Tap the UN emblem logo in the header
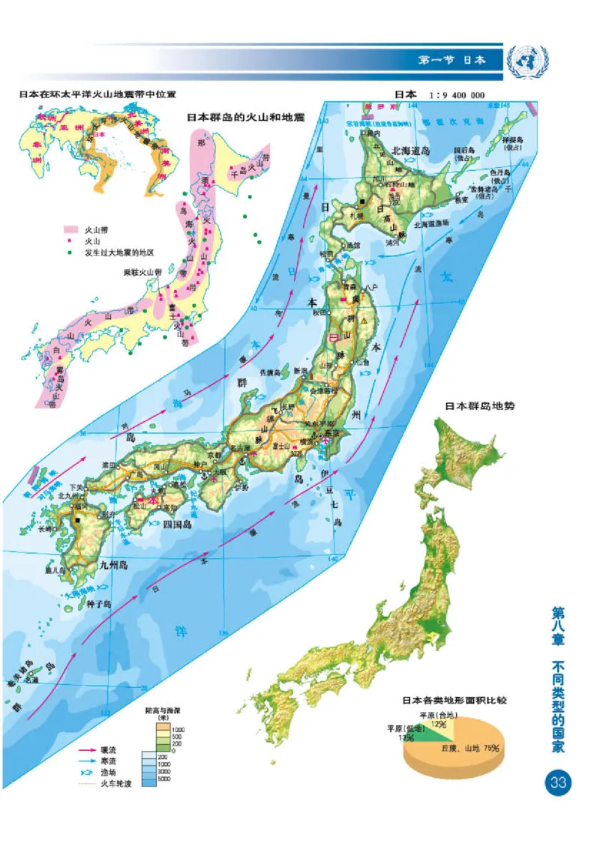coord(527,58)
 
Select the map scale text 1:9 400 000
coord(457,95)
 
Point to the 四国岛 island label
coord(177,525)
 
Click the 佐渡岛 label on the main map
coord(269,372)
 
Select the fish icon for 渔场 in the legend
coord(87,772)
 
